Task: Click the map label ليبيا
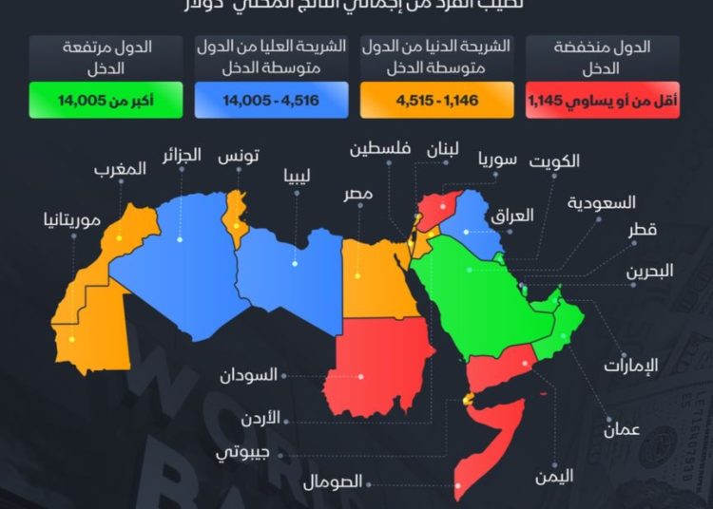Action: pyautogui.click(x=297, y=176)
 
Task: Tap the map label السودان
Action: pyautogui.click(x=250, y=374)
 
